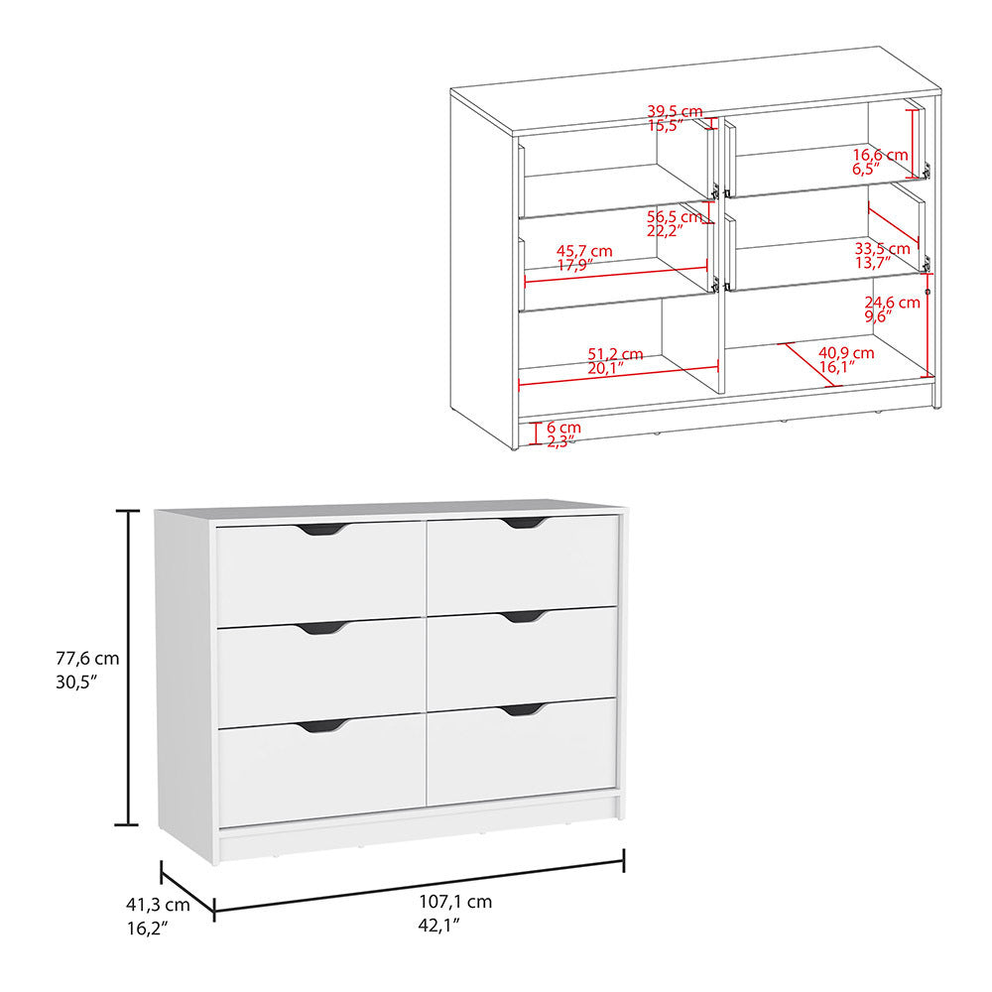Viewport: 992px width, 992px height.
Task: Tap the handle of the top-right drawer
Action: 524,523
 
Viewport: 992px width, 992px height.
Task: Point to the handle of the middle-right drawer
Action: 524,617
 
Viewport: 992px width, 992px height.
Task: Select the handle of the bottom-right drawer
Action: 524,709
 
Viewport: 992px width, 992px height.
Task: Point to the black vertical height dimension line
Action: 127,667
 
